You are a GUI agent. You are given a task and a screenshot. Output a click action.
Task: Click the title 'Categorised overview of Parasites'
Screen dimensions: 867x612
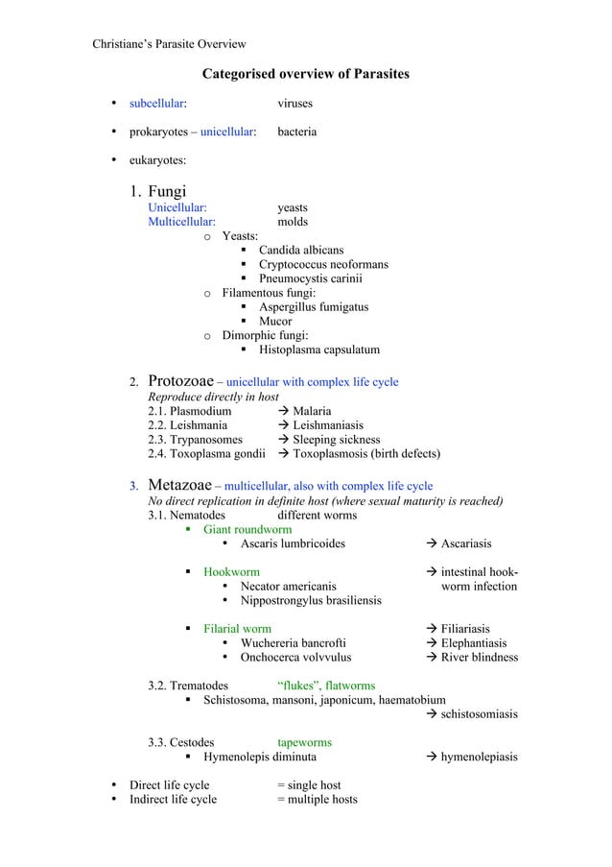(305, 74)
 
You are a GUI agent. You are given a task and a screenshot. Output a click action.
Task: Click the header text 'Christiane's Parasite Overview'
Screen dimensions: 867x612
(169, 43)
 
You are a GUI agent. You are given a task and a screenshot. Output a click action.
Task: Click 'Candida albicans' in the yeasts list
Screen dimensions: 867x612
(300, 251)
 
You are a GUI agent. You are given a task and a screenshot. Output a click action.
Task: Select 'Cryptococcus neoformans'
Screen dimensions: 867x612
(323, 265)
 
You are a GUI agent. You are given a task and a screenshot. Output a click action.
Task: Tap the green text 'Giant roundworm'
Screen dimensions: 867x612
(247, 529)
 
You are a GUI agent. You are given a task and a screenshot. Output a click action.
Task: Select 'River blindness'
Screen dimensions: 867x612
(479, 658)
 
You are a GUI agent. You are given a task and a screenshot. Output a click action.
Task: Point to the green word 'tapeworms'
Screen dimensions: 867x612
(305, 742)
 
